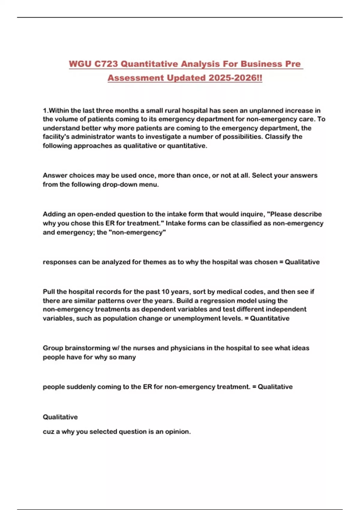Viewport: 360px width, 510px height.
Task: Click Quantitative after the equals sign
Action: click(x=270, y=318)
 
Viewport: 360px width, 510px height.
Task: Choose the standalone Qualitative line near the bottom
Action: click(x=60, y=417)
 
